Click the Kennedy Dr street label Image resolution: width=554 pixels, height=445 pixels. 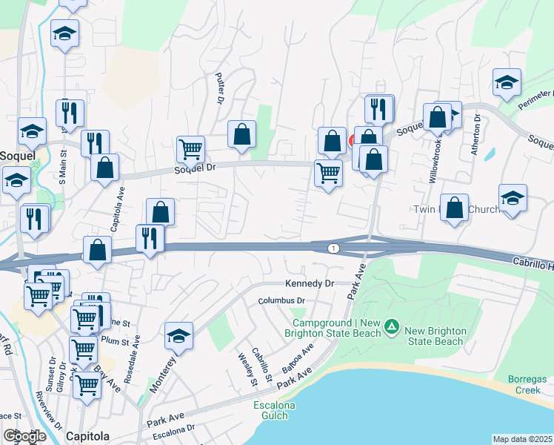pos(310,283)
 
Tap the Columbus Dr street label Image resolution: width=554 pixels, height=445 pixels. pos(281,300)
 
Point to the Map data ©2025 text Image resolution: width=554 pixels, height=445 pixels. pos(521,439)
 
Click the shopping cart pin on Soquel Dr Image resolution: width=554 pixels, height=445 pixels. pos(191,149)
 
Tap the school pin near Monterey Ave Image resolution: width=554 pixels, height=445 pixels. pos(178,335)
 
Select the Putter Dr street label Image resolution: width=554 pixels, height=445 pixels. pos(220,88)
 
